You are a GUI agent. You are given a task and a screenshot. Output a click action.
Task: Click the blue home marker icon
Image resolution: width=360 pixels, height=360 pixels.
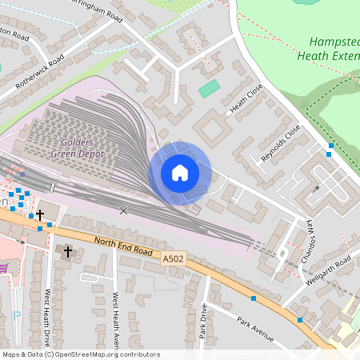click(x=180, y=173)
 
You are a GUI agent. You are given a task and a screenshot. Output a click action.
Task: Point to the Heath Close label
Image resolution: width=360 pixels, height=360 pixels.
click(x=246, y=102)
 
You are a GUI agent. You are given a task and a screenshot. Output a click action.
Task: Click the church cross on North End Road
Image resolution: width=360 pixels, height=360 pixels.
click(x=68, y=251)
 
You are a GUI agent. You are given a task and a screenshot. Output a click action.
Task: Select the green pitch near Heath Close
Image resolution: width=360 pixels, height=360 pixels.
click(x=209, y=88)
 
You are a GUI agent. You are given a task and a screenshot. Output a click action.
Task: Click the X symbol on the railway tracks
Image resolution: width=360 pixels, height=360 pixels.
click(x=123, y=210)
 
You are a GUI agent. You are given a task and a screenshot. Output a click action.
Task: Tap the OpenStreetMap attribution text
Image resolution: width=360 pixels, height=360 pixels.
click(x=80, y=354)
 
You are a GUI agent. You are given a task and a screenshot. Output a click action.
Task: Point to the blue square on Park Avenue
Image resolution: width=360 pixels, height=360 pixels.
click(x=254, y=298)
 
